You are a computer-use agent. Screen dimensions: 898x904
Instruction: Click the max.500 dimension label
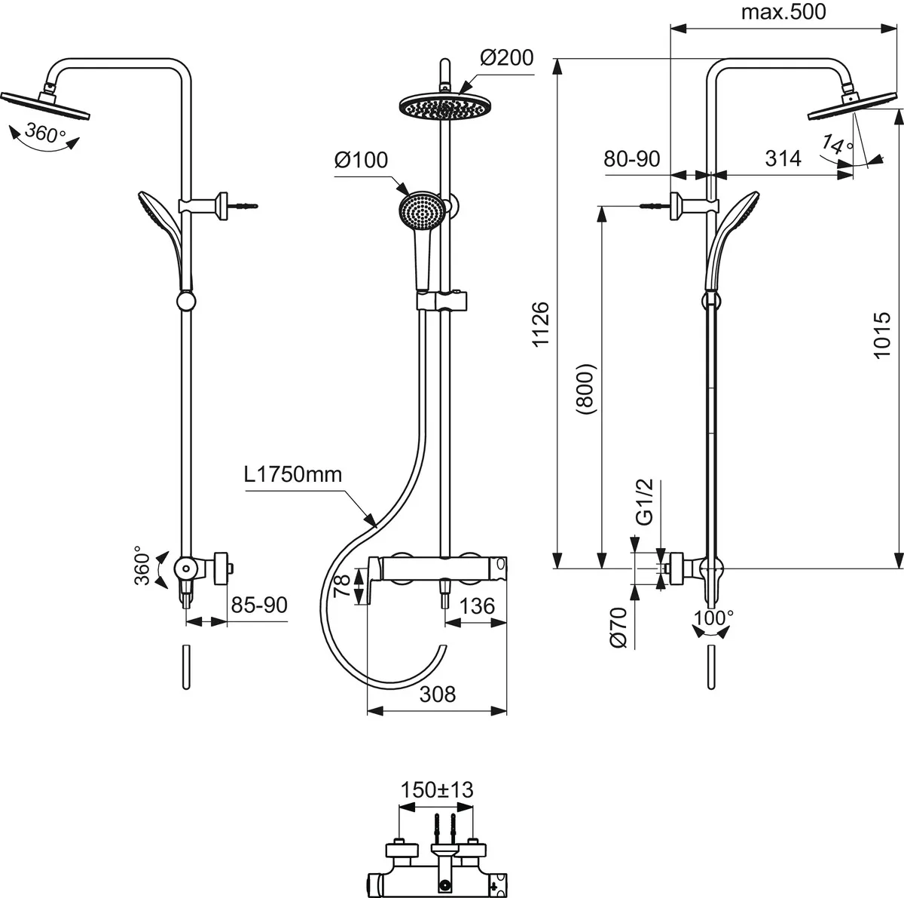click(x=783, y=13)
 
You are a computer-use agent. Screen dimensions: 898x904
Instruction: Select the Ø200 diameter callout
click(x=505, y=58)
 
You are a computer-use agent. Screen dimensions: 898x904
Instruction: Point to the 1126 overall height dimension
click(x=542, y=325)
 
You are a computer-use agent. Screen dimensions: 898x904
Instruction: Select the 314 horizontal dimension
click(x=783, y=158)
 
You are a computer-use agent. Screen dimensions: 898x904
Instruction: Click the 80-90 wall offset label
click(x=631, y=158)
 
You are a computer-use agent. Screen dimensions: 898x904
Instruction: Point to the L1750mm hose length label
click(x=293, y=475)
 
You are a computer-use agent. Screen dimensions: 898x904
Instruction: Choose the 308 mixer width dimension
click(x=437, y=694)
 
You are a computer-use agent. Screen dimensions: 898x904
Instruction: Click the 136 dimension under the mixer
click(x=476, y=606)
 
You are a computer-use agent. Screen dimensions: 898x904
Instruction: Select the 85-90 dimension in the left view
click(x=258, y=605)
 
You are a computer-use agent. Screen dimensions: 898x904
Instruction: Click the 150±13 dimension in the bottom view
click(x=437, y=789)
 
